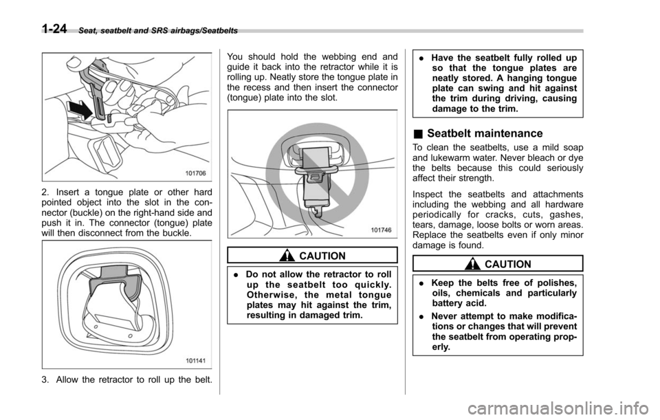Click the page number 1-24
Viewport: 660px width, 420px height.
[x=54, y=29]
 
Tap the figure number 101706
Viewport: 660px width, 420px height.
[x=195, y=173]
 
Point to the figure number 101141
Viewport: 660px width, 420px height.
[x=195, y=360]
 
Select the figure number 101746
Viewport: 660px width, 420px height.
[x=381, y=230]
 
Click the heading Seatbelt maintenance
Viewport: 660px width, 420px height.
[x=485, y=133]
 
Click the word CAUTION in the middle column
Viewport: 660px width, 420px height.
[x=322, y=256]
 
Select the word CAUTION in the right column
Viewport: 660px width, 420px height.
[x=507, y=264]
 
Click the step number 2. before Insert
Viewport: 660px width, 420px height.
[x=45, y=192]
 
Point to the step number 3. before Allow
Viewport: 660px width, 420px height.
[x=45, y=380]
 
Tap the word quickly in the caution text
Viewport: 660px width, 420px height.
[x=371, y=285]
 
